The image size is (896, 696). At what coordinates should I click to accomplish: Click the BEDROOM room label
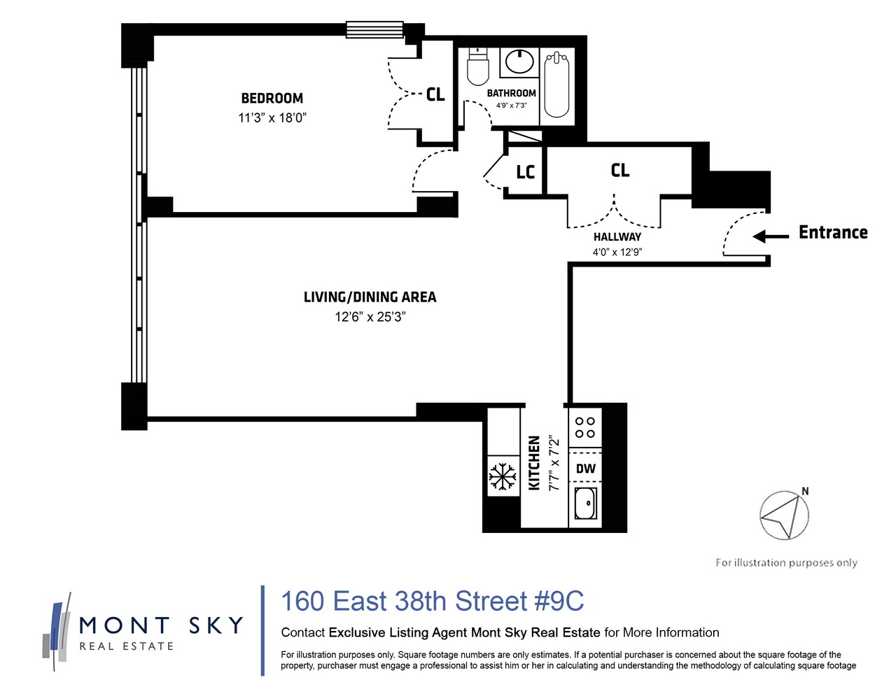pyautogui.click(x=272, y=99)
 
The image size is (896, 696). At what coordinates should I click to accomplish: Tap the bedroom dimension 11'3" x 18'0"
pyautogui.click(x=272, y=118)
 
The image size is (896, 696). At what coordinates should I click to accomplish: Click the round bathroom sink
pyautogui.click(x=519, y=62)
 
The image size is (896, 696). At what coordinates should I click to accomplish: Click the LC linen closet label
pyautogui.click(x=525, y=172)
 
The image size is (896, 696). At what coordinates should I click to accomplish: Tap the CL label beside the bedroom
pyautogui.click(x=435, y=94)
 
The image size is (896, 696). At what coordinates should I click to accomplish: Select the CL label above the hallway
pyautogui.click(x=619, y=170)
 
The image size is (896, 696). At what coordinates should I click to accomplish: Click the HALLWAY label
pyautogui.click(x=617, y=237)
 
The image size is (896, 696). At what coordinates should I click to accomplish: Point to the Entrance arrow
pyautogui.click(x=770, y=236)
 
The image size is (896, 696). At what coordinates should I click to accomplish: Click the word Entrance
pyautogui.click(x=833, y=232)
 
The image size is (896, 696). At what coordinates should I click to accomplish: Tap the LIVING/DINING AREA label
pyautogui.click(x=370, y=297)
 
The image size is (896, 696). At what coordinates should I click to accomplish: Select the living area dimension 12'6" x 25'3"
pyautogui.click(x=370, y=317)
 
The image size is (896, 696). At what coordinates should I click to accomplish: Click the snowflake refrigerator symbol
pyautogui.click(x=502, y=476)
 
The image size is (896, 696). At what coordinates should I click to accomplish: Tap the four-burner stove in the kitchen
pyautogui.click(x=585, y=427)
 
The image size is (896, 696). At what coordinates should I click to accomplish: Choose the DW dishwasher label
pyautogui.click(x=585, y=469)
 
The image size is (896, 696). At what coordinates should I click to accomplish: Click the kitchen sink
pyautogui.click(x=585, y=504)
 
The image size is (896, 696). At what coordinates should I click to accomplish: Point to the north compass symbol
pyautogui.click(x=784, y=515)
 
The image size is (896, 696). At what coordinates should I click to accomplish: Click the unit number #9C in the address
pyautogui.click(x=559, y=601)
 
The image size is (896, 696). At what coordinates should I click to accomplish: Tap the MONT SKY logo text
pyautogui.click(x=161, y=625)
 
